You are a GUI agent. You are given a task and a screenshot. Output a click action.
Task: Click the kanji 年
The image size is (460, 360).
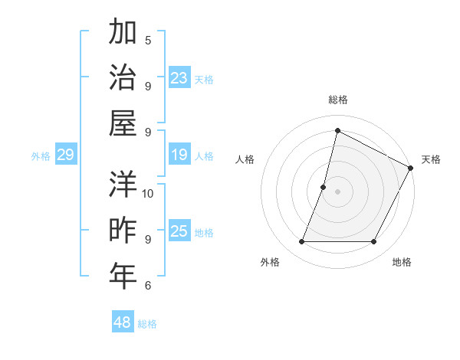pyautogui.click(x=123, y=276)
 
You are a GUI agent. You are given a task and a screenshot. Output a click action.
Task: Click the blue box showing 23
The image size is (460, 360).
pyautogui.click(x=179, y=77)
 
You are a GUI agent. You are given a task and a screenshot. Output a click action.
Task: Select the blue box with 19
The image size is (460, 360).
pyautogui.click(x=179, y=155)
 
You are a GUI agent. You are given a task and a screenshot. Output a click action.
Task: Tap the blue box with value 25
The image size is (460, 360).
pyautogui.click(x=179, y=232)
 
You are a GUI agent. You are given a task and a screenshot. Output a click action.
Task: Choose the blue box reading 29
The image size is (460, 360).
pyautogui.click(x=65, y=155)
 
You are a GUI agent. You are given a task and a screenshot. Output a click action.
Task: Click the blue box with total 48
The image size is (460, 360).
pyautogui.click(x=123, y=322)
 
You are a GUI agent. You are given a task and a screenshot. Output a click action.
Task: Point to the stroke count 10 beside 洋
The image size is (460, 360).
pyautogui.click(x=148, y=193)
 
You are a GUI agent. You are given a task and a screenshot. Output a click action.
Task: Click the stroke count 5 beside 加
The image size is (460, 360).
pyautogui.click(x=148, y=40)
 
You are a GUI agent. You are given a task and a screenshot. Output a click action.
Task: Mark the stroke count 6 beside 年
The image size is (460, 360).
pyautogui.click(x=148, y=286)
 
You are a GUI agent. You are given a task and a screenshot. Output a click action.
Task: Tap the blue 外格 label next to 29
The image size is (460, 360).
pyautogui.click(x=41, y=156)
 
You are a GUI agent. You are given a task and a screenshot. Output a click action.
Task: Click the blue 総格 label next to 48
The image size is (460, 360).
pyautogui.click(x=147, y=324)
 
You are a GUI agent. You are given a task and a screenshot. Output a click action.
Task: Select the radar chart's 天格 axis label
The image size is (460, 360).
pyautogui.click(x=431, y=159)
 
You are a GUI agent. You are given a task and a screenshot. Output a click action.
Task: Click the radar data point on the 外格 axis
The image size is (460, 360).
pyautogui.click(x=301, y=242)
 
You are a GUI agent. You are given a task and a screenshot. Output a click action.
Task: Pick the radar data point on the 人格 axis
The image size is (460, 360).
pyautogui.click(x=324, y=187)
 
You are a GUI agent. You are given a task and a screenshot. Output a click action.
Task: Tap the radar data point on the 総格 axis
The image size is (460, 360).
pyautogui.click(x=337, y=130)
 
